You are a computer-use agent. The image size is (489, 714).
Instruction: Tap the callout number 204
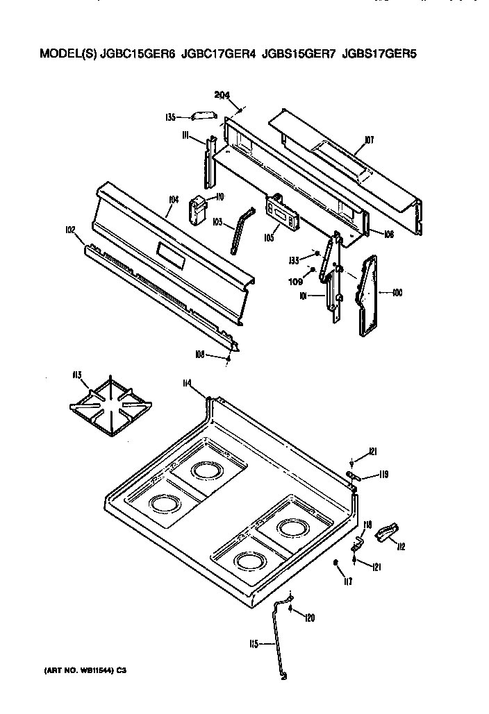(x=222, y=96)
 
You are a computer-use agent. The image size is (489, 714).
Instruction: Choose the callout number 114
(x=186, y=384)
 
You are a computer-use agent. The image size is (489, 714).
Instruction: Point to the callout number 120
(x=310, y=617)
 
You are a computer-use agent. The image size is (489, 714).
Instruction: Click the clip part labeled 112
(x=384, y=534)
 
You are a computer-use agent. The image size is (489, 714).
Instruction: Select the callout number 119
(x=383, y=475)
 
